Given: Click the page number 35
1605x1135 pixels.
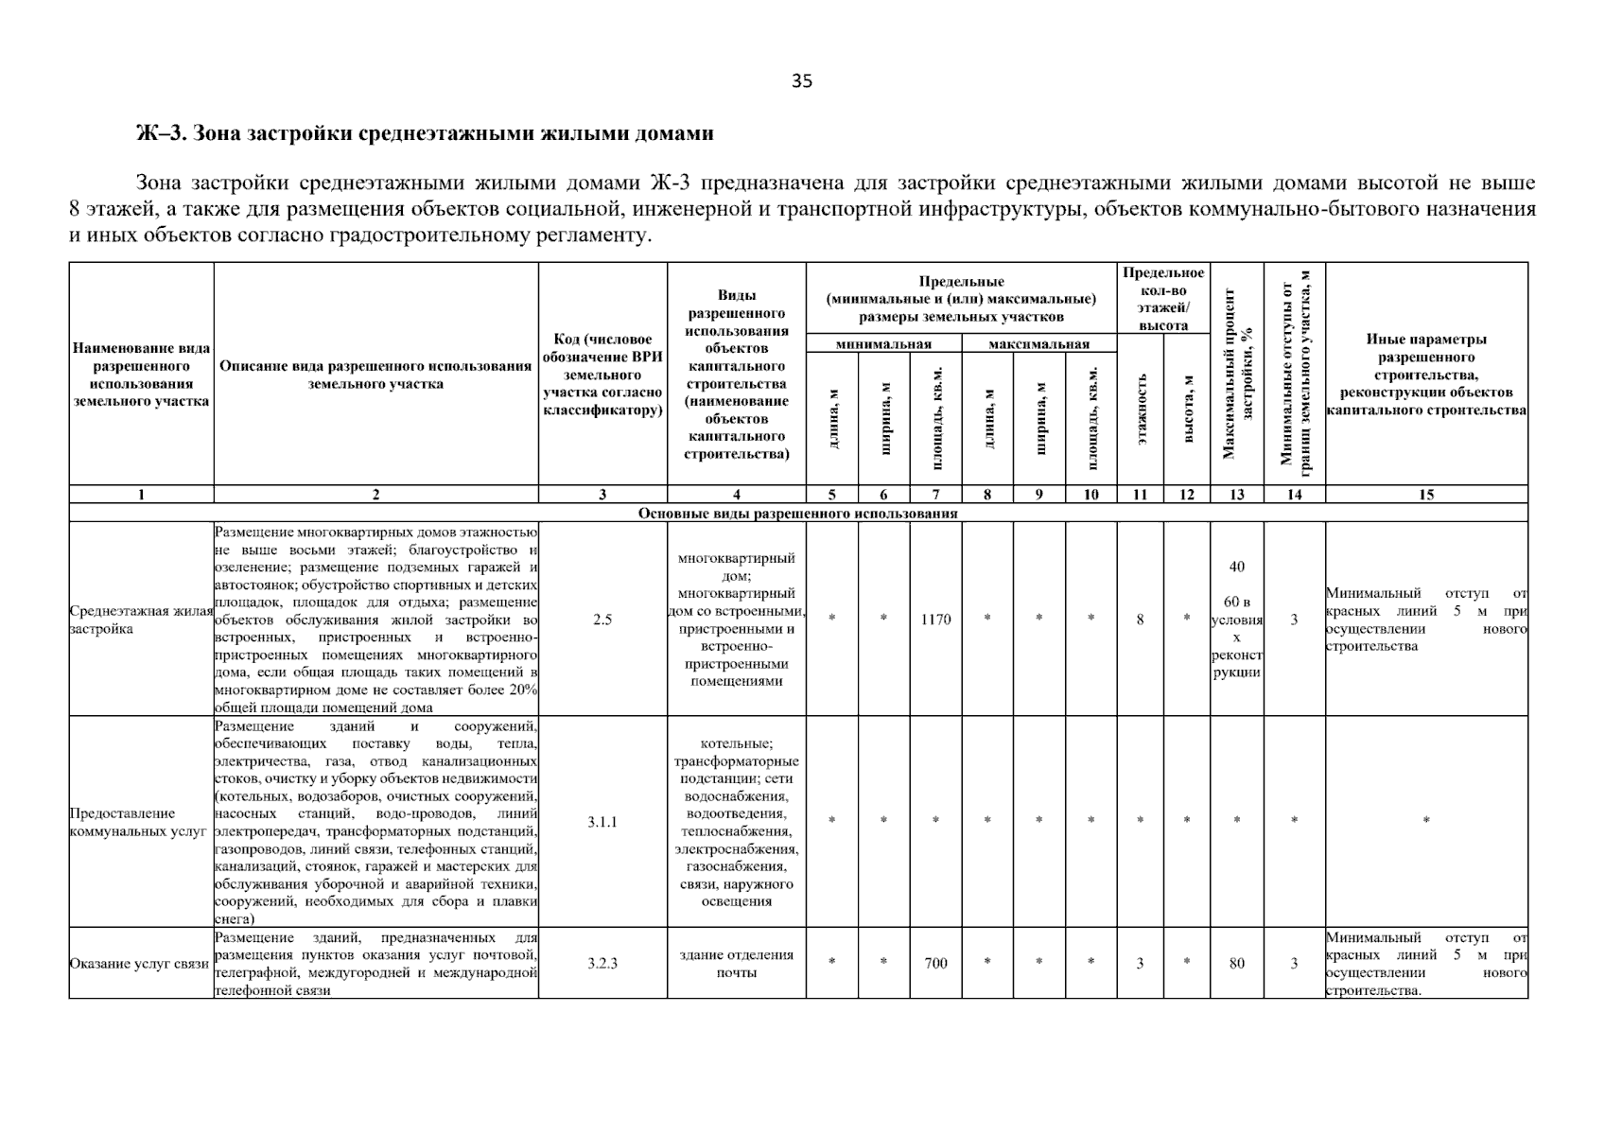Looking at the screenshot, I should point(802,81).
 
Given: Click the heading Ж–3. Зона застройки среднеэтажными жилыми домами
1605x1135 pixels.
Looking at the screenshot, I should point(425,133).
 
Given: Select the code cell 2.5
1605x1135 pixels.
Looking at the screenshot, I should point(602,620).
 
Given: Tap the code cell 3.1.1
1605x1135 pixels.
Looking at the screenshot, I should point(602,822).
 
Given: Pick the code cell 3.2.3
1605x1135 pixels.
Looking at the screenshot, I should point(602,963).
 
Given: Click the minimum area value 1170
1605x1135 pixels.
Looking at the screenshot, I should point(935,620).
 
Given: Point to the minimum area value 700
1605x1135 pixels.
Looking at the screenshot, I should point(935,963).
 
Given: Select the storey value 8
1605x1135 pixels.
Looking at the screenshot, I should point(1140,620).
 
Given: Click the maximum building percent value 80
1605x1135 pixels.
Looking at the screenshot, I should point(1237,963).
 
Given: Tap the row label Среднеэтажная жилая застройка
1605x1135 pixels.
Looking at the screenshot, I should point(141,620).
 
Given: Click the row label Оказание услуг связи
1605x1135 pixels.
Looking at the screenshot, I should point(139,964).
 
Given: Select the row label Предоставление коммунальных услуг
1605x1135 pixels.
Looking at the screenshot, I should point(138,822).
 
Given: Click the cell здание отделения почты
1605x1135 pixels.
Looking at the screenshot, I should point(737,963).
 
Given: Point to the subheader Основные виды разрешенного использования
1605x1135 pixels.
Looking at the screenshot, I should point(798,514).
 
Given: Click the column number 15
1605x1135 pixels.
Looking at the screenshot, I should point(1426,494).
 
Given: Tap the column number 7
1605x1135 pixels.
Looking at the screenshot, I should point(935,494).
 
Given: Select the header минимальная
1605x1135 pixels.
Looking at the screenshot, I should point(883,344).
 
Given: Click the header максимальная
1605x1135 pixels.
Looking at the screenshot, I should point(1038,344).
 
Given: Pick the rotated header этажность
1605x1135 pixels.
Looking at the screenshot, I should point(1141,408).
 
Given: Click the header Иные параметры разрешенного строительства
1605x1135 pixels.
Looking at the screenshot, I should point(1426,375).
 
